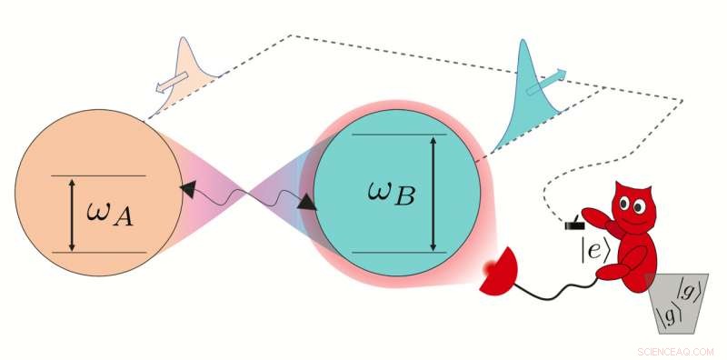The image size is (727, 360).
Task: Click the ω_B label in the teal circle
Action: coord(392,193)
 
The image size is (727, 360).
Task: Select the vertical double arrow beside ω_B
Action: coord(433,193)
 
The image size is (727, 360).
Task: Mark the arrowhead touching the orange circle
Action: coord(189,188)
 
